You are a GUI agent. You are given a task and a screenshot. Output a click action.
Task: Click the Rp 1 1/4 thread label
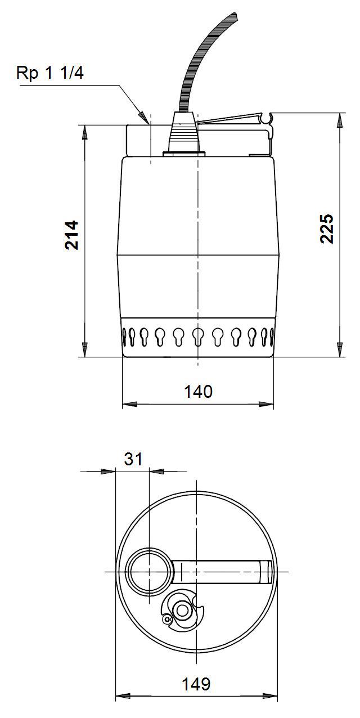tap(50, 73)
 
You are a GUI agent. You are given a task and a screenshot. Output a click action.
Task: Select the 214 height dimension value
tap(71, 235)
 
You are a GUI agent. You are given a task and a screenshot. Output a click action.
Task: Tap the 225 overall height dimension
tap(327, 228)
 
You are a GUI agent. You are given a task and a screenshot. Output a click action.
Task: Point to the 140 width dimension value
tap(197, 391)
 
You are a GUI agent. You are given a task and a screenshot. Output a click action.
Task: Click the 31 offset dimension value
tap(133, 459)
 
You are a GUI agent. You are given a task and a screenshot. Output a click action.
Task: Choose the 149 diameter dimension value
tap(196, 684)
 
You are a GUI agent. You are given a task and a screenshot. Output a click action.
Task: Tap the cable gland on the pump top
tap(184, 135)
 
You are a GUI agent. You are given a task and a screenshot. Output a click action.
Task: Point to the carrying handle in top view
tap(225, 572)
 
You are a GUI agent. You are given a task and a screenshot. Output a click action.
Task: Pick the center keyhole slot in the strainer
tap(197, 336)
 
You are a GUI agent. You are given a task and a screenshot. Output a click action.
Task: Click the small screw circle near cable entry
tap(166, 619)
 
